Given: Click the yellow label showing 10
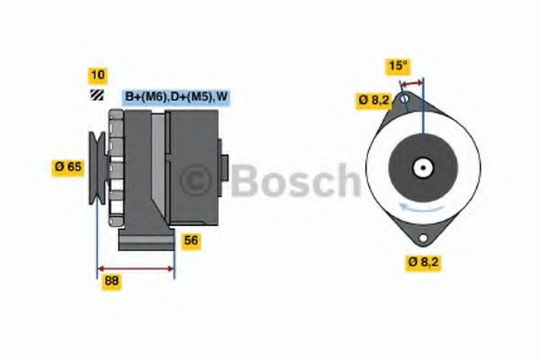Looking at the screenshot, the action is (x=98, y=76).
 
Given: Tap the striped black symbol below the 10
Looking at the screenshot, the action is (x=97, y=95).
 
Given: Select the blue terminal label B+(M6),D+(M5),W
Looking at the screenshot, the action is (x=176, y=97).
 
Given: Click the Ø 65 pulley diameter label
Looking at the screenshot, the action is (x=68, y=167).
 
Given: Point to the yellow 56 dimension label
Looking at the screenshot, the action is (x=191, y=240).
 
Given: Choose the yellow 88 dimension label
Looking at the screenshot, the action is (x=112, y=282).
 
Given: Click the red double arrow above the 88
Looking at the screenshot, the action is (x=136, y=268).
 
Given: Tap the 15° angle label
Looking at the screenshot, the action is (x=398, y=66).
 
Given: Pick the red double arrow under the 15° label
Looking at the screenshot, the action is (x=411, y=83).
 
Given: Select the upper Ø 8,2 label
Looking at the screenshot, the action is (x=374, y=100).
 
